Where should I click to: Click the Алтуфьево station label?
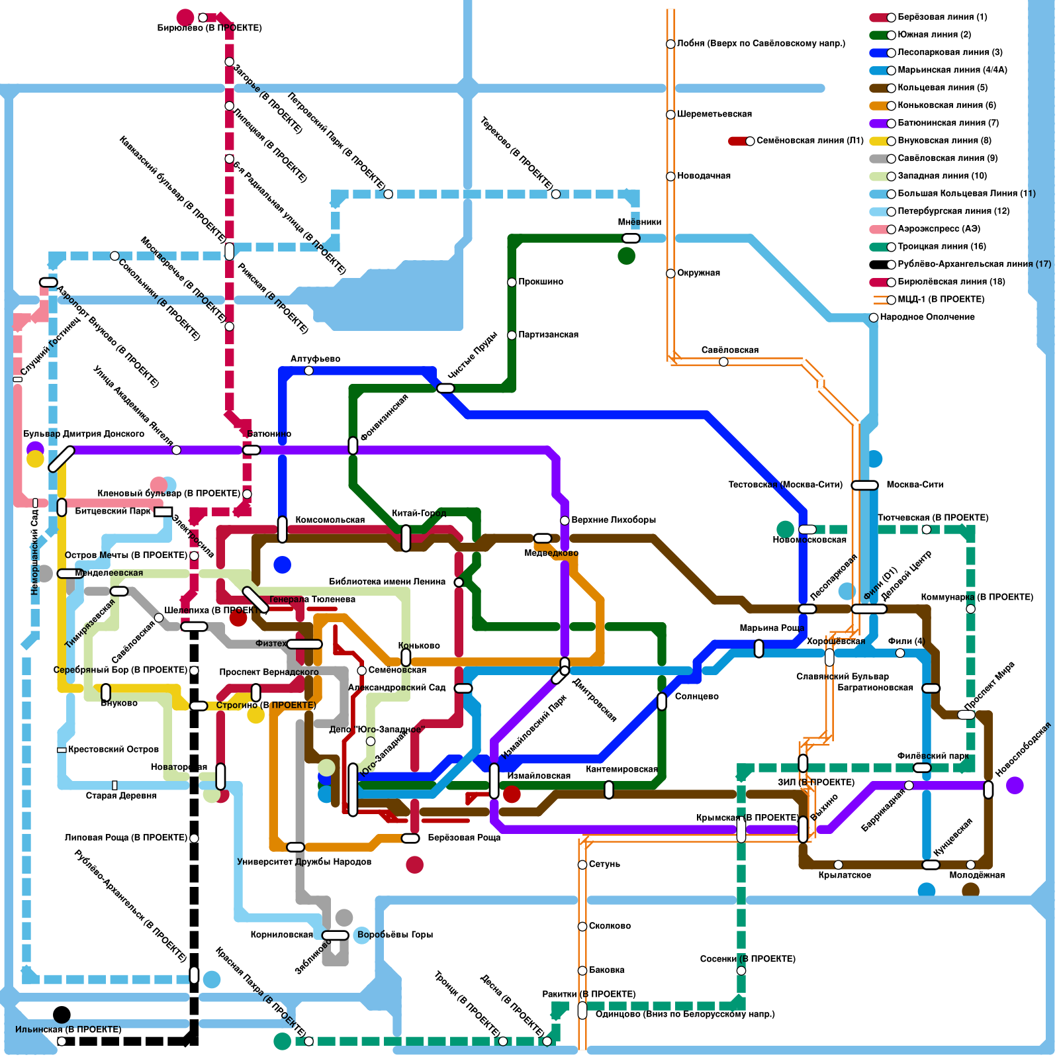315,359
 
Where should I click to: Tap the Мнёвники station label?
639,222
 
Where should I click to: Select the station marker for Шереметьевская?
670,115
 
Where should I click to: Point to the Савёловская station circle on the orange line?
723,361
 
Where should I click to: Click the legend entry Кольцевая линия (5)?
942,87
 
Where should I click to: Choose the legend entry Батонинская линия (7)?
948,122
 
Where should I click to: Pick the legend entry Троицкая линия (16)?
941,246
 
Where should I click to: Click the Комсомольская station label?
330,520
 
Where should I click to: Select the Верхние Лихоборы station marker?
565,520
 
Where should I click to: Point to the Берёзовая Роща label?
464,837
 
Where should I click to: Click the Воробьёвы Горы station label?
394,935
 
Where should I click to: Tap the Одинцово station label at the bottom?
684,1014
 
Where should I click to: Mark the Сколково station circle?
582,926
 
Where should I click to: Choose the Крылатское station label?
845,875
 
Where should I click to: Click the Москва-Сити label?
915,484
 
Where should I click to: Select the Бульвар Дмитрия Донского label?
83,434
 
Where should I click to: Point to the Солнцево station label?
696,696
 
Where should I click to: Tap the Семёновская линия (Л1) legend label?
809,140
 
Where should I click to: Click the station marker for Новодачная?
670,176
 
